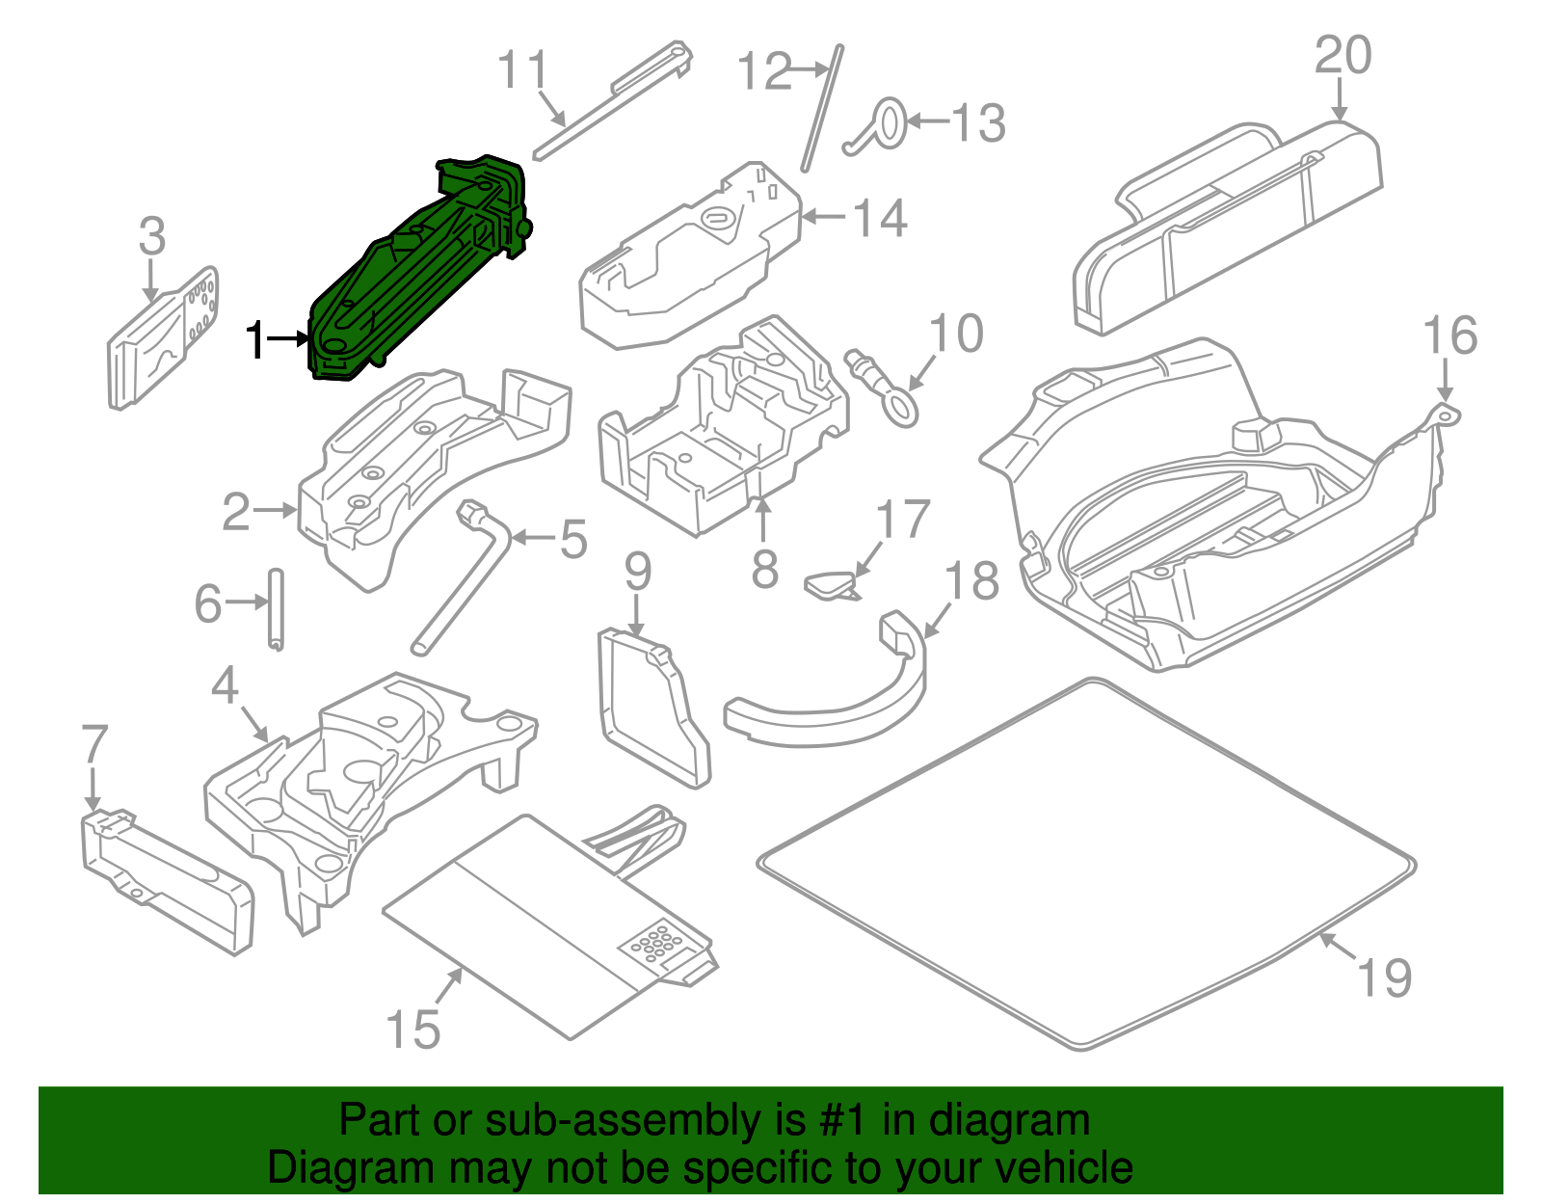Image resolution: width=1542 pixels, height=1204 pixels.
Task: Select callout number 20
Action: click(x=1343, y=56)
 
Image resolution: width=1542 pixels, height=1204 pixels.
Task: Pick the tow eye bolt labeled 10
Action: click(x=882, y=386)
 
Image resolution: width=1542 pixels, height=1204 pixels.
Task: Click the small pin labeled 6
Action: click(x=276, y=609)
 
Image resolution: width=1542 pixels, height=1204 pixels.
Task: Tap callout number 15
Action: click(x=412, y=1030)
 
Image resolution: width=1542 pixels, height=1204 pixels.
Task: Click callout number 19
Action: click(x=1384, y=977)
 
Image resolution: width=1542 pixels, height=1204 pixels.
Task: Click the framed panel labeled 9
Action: click(x=651, y=708)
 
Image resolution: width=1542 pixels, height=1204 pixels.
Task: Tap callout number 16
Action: click(x=1449, y=336)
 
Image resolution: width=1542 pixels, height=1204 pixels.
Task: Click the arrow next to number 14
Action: click(x=824, y=217)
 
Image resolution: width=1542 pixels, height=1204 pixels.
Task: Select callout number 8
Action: click(x=764, y=569)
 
